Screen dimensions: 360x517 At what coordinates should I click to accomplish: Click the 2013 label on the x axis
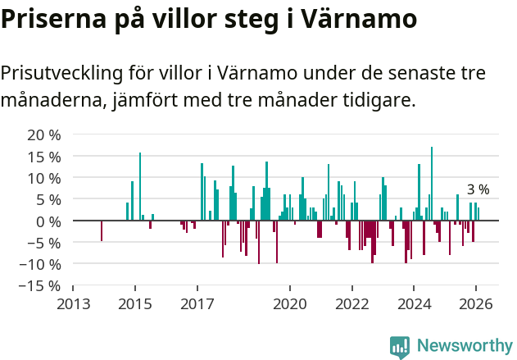tap(73, 303)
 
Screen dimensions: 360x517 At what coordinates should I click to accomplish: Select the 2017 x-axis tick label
tap(197, 303)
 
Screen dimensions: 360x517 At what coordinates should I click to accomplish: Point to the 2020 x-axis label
tap(289, 303)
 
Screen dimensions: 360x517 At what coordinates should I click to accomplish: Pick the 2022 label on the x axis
tap(351, 303)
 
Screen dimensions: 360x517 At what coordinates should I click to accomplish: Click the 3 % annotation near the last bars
tap(478, 189)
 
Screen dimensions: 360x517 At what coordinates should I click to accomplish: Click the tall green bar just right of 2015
tap(140, 186)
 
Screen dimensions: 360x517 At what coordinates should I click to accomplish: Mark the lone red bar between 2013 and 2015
tap(102, 230)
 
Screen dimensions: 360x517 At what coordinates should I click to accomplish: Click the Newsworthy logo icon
tap(400, 347)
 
